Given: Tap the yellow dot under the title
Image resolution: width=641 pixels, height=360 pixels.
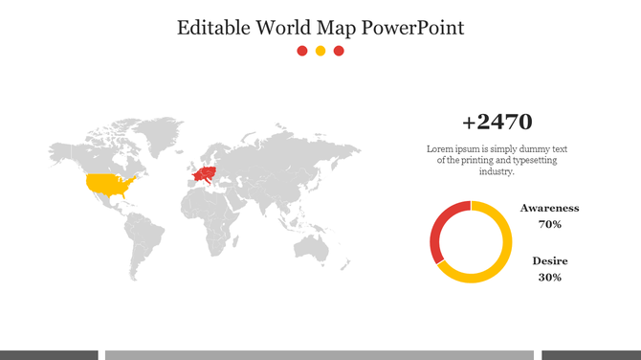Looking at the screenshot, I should tap(320, 51).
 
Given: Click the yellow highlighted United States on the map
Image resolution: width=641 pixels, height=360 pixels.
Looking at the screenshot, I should tap(107, 183).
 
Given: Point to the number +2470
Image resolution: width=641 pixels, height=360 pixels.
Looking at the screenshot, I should tap(497, 123).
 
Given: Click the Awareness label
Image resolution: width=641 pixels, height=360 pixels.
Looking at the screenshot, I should tap(549, 208).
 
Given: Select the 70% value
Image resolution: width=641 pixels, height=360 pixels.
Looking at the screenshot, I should tap(549, 224).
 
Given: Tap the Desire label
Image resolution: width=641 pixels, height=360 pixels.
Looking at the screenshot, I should tap(549, 260).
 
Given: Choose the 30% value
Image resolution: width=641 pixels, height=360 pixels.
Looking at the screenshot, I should tap(549, 277).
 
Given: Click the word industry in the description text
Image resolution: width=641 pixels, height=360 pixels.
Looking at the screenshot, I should tap(497, 172).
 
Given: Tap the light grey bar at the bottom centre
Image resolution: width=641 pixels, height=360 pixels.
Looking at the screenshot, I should tap(320, 355).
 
